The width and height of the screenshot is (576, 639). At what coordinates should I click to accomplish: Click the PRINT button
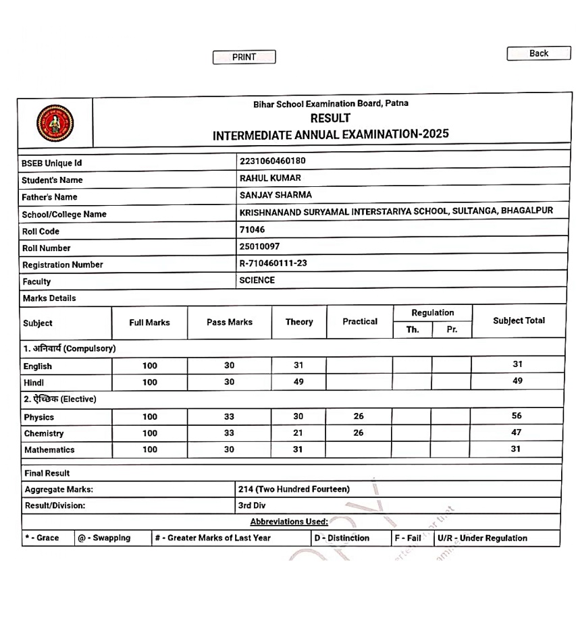click(x=244, y=57)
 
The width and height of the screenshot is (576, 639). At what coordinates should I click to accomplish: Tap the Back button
click(x=538, y=53)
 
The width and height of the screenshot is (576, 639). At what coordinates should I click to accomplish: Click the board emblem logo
click(x=55, y=123)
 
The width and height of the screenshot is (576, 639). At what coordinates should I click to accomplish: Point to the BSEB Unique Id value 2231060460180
click(x=272, y=161)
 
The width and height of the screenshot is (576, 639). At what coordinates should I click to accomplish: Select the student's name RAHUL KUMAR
click(x=270, y=178)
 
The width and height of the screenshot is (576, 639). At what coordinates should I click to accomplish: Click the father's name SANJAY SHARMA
click(x=276, y=195)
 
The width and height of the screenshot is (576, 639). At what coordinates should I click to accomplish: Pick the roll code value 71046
click(x=252, y=229)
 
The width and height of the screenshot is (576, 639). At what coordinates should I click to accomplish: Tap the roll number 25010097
click(x=259, y=246)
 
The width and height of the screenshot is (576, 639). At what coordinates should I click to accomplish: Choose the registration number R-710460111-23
click(x=273, y=263)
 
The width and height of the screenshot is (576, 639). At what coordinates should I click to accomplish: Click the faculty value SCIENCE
click(x=257, y=280)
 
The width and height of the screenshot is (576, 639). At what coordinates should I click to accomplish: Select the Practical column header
click(x=359, y=321)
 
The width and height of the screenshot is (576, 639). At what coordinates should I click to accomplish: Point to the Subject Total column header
click(x=519, y=321)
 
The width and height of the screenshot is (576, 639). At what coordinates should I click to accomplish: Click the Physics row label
click(x=39, y=417)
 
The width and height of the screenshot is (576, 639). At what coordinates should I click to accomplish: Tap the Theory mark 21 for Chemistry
click(x=298, y=433)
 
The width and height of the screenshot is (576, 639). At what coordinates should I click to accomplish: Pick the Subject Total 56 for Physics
click(x=516, y=416)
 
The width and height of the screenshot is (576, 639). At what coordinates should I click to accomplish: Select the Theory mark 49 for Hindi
click(x=298, y=381)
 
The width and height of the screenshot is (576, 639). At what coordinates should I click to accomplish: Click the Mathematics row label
click(x=49, y=449)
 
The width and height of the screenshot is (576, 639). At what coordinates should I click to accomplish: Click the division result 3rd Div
click(x=251, y=505)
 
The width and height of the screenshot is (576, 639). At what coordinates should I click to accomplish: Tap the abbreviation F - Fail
click(x=408, y=538)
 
